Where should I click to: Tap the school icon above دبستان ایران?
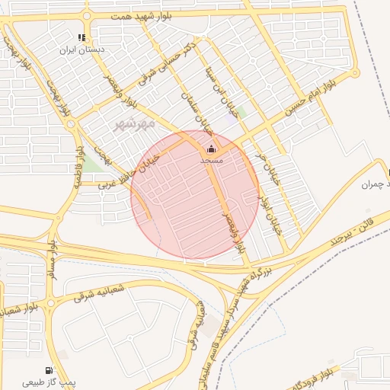click(82, 37)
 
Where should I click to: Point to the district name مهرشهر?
click(134, 123)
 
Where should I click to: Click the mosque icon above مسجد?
click(211, 149)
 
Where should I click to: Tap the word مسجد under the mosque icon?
click(211, 161)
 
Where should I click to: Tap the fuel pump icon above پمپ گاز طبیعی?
click(50, 370)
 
